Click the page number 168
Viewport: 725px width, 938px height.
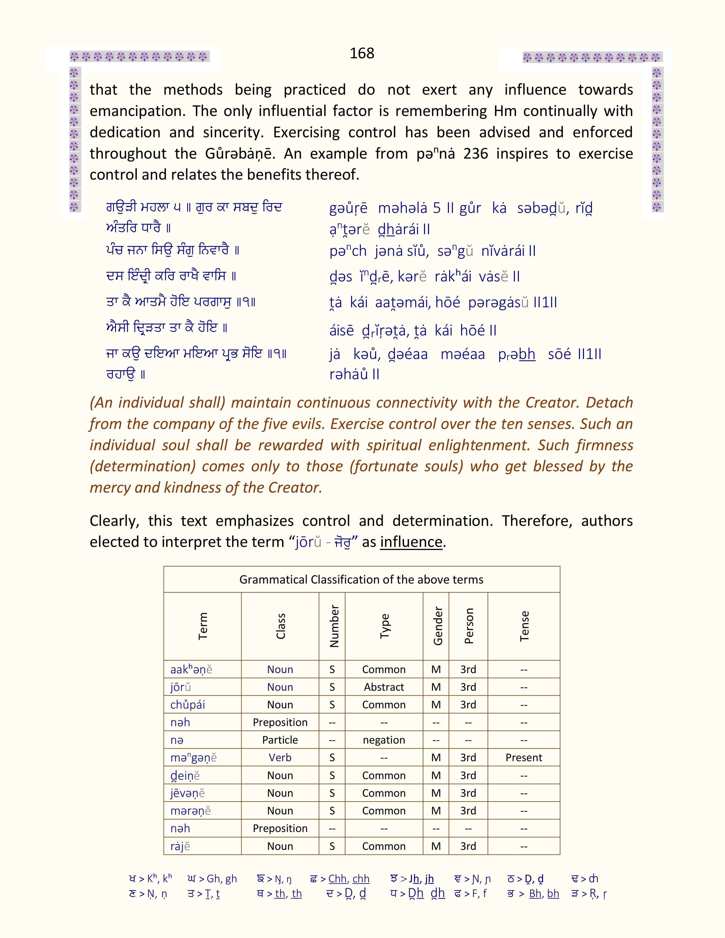(x=362, y=53)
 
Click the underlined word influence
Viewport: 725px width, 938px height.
(x=411, y=542)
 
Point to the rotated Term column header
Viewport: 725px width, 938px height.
(x=203, y=626)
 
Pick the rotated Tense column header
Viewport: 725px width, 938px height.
(x=524, y=626)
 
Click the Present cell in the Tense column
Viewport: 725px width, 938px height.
(x=523, y=758)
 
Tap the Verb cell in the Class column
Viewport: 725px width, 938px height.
(x=280, y=758)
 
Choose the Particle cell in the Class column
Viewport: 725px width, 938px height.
(x=280, y=740)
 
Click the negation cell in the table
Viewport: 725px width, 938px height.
(x=384, y=740)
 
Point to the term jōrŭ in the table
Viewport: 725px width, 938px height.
(x=180, y=687)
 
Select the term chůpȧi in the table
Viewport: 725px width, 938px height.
(x=188, y=705)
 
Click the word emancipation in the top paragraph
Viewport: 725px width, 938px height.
(x=137, y=111)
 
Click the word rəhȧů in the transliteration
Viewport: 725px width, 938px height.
(x=348, y=375)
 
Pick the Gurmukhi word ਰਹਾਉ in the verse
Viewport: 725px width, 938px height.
(x=121, y=375)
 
